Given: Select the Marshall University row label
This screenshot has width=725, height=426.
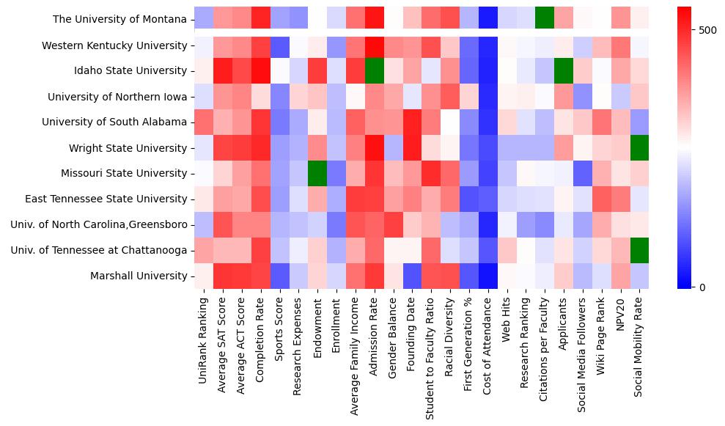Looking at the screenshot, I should pyautogui.click(x=139, y=276).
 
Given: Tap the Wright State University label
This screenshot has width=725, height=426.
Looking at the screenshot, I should pyautogui.click(x=128, y=148).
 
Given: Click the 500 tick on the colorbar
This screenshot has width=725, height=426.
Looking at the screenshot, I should pyautogui.click(x=708, y=30).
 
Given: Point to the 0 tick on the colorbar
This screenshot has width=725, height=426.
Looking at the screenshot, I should pyautogui.click(x=704, y=287).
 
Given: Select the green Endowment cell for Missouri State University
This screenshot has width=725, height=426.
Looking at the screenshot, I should pyautogui.click(x=317, y=174).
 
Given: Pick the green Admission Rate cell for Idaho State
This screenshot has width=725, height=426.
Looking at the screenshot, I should pyautogui.click(x=374, y=71).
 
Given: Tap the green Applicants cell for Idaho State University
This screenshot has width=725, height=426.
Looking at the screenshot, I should pyautogui.click(x=564, y=71).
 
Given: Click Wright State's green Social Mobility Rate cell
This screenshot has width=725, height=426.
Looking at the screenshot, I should pyautogui.click(x=640, y=148).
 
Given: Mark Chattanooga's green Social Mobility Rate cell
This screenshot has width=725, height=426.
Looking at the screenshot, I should pyautogui.click(x=640, y=250).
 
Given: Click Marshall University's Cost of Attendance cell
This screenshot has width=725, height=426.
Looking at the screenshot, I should pyautogui.click(x=488, y=276).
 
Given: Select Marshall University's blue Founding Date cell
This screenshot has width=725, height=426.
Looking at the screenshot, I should pyautogui.click(x=412, y=276).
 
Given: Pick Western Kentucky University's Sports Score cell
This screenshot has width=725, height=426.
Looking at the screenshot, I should pyautogui.click(x=279, y=45).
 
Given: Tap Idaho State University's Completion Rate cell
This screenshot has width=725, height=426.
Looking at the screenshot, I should pyautogui.click(x=260, y=71).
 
